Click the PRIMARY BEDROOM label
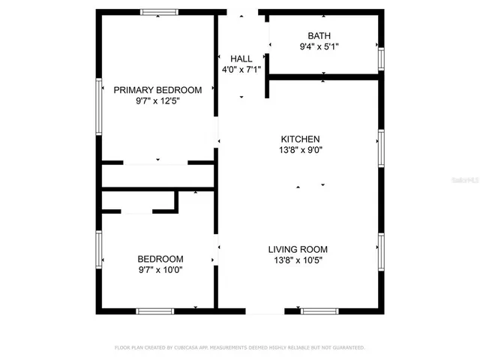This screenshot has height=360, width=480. click(x=157, y=90)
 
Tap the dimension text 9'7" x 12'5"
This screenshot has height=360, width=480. click(x=157, y=100)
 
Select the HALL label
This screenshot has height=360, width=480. click(x=241, y=58)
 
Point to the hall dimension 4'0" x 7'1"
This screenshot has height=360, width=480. click(x=241, y=70)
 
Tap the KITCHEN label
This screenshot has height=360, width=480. click(x=300, y=139)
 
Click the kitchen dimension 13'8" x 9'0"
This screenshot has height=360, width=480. click(x=300, y=150)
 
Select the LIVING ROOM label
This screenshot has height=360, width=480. click(x=298, y=250)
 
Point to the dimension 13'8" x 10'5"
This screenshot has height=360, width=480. click(x=298, y=261)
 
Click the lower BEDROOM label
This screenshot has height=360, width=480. click(x=159, y=259)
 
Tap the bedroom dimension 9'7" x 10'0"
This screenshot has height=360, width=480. click(x=159, y=270)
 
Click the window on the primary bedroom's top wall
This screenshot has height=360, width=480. click(x=160, y=12)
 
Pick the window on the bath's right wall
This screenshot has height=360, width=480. click(x=381, y=58)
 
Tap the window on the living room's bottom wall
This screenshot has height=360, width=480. click(x=319, y=310)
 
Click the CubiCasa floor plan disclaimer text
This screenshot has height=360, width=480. click(x=239, y=348)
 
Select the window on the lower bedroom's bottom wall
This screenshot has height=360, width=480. click(x=155, y=310)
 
